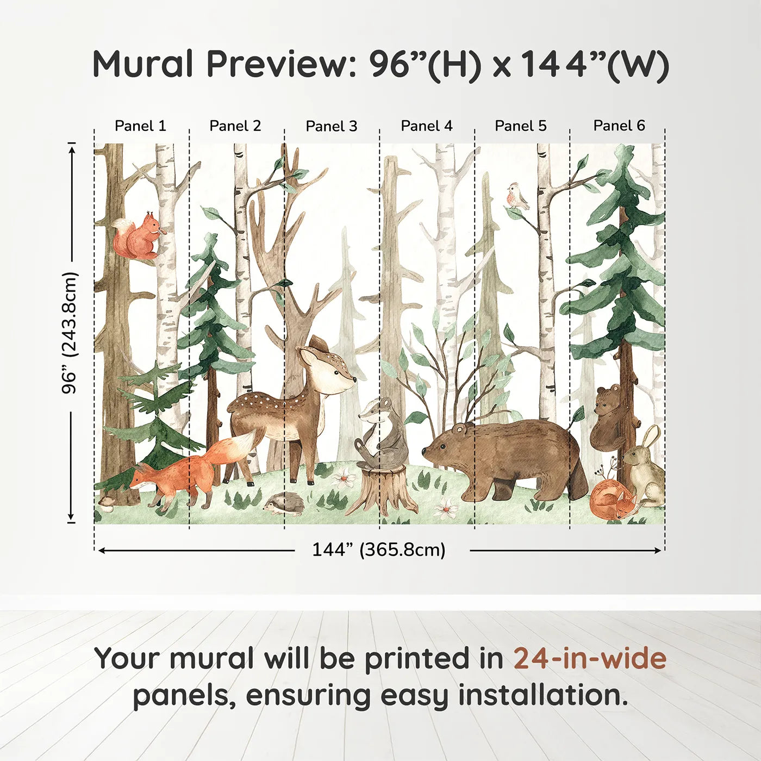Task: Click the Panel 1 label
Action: click(140, 126)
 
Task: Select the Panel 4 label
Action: click(427, 126)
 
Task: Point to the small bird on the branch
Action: click(517, 196)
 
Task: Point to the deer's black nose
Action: click(354, 379)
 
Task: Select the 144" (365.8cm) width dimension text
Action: click(379, 550)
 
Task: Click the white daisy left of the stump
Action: click(343, 478)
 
